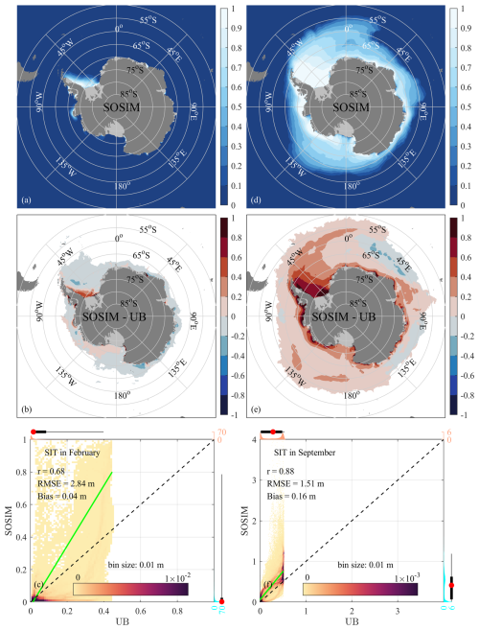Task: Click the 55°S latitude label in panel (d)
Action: [376, 18]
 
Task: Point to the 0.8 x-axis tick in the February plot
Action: [180, 612]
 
